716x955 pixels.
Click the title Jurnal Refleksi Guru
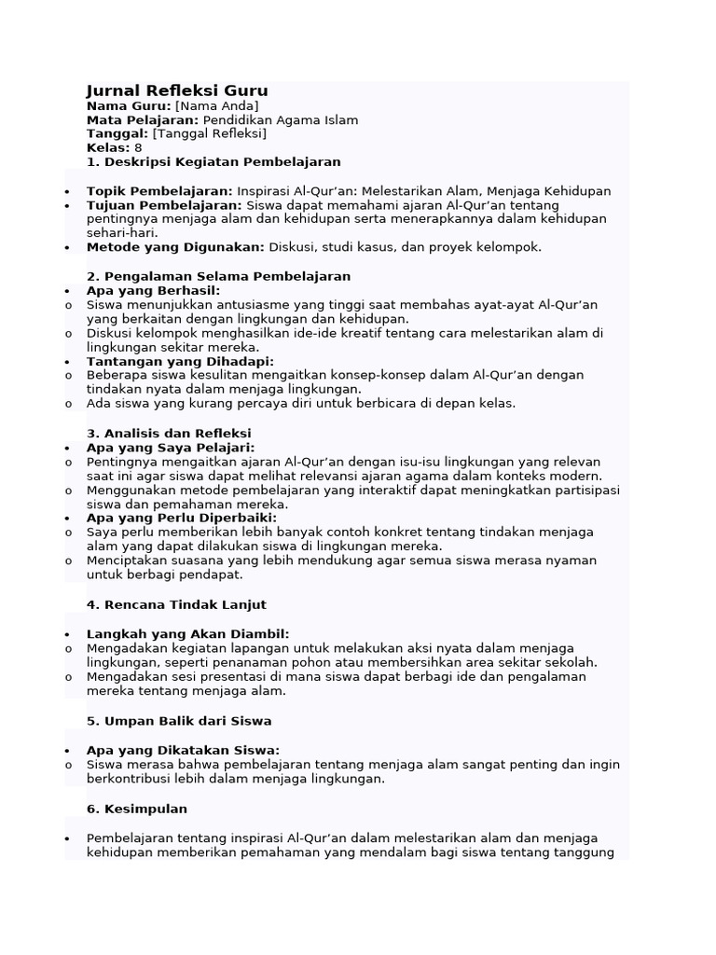point(177,90)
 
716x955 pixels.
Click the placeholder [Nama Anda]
point(217,106)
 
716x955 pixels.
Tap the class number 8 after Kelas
point(138,147)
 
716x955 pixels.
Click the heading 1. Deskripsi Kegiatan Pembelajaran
point(213,161)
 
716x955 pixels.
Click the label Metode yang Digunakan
point(176,247)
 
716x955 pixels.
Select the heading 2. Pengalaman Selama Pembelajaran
point(218,276)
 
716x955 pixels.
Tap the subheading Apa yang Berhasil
point(153,291)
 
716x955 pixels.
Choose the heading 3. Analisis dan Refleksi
point(169,433)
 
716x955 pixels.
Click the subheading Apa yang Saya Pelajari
point(170,448)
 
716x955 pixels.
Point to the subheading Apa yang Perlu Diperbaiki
point(181,518)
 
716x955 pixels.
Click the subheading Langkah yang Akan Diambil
point(187,634)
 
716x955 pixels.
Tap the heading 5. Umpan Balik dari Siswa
point(179,721)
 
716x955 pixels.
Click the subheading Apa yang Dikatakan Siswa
point(183,750)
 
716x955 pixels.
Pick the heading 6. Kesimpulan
point(137,809)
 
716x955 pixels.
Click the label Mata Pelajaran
point(142,120)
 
